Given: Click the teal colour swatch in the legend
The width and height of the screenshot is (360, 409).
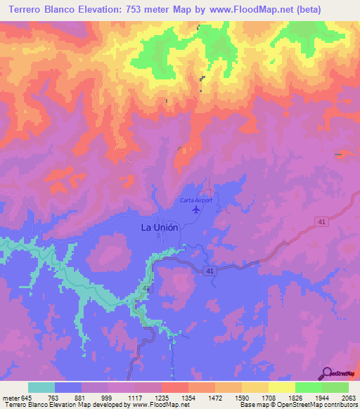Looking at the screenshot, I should pyautogui.click(x=41, y=388).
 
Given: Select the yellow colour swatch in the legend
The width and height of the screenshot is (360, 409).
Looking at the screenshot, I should pyautogui.click(x=281, y=388).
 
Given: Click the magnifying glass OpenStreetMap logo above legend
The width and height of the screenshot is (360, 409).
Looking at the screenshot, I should pyautogui.click(x=326, y=373).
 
